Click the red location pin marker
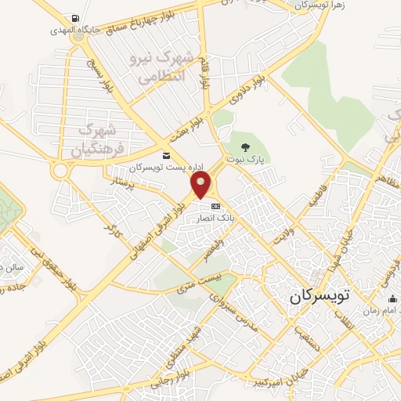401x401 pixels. [x=202, y=185]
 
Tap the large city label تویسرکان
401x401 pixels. [x=323, y=297]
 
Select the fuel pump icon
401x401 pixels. [x=74, y=17]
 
